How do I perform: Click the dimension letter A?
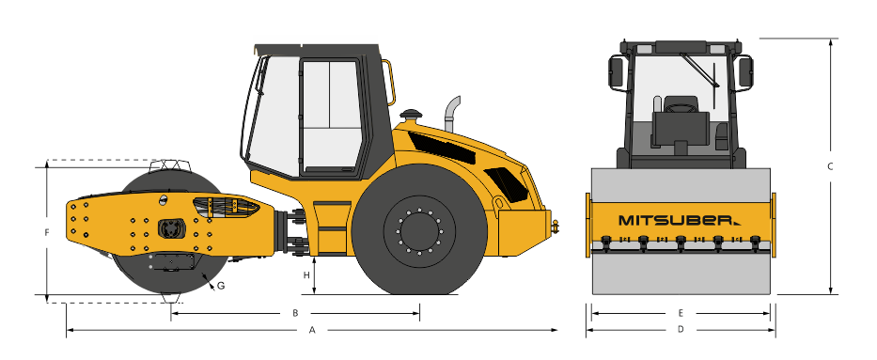313,330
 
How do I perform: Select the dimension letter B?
295,313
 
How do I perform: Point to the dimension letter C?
831,166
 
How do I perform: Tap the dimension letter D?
681,330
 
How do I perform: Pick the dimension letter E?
681,313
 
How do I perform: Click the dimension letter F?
47,232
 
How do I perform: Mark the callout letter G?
221,286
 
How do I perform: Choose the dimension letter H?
305,275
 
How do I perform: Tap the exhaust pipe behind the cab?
452,114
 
